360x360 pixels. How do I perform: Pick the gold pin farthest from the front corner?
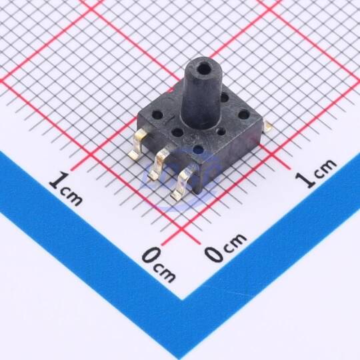pos(138,144)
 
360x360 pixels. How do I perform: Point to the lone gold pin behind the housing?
pos(268,126)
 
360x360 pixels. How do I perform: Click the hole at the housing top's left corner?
pos(157,114)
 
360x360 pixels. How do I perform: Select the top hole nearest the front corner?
pos(199,149)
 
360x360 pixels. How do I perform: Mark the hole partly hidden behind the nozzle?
pos(224,98)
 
